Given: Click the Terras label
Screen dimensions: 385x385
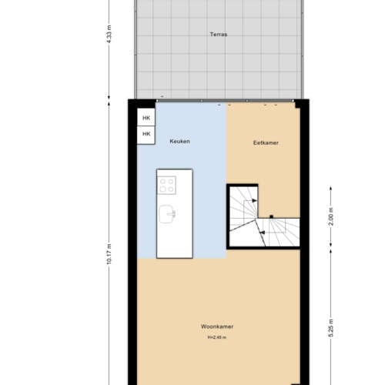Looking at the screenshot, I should point(219,35).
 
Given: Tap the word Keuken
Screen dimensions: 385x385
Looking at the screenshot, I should point(179,142).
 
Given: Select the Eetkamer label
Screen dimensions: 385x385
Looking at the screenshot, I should point(266,142).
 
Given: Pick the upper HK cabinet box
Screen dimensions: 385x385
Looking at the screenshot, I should point(146,118).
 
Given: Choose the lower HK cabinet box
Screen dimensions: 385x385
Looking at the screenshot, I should point(146,134).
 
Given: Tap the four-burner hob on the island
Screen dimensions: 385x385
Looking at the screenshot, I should point(167,185).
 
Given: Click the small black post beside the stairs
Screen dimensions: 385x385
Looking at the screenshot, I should point(271,217).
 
